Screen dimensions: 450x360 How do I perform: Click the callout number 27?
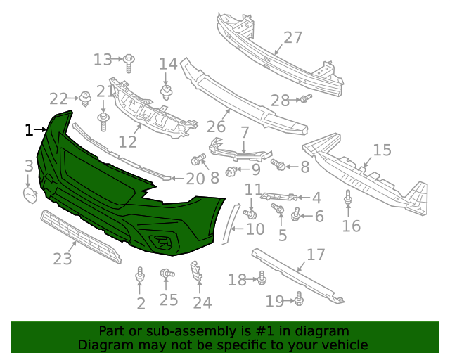coord(292,37)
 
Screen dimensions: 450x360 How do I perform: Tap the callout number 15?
coord(382,150)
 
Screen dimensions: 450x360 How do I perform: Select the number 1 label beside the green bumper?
coord(29,130)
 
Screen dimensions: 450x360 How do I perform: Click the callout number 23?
coord(63,259)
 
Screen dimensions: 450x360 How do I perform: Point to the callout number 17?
coord(316,255)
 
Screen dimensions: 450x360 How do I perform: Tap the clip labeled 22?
coord(85,98)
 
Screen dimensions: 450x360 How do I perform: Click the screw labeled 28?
coord(305,99)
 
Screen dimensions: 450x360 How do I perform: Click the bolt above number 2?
coord(141,274)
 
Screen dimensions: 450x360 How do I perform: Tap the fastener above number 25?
coord(167,274)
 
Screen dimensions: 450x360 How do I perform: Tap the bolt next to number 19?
coord(298,300)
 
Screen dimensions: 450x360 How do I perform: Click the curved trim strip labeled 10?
coord(228,219)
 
